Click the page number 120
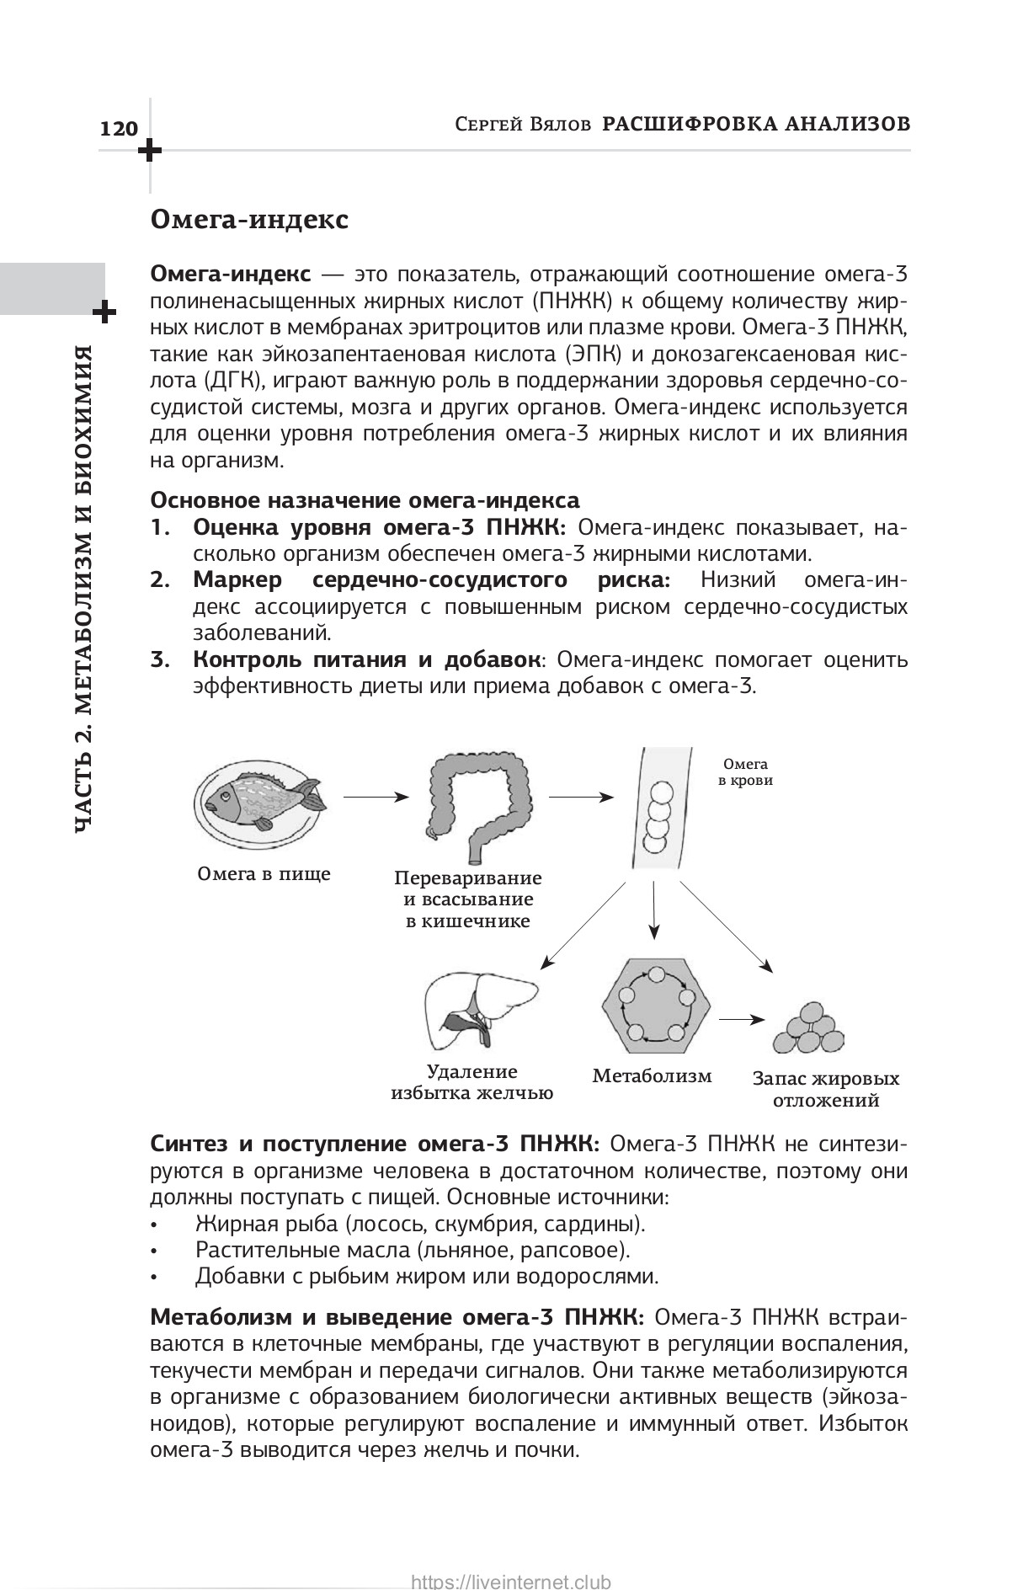click(118, 129)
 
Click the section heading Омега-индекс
click(248, 220)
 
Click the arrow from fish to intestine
click(376, 796)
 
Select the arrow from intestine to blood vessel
click(581, 796)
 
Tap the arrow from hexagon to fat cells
click(742, 1018)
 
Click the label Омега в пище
click(264, 873)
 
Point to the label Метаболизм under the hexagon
click(653, 1075)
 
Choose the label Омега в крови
click(745, 772)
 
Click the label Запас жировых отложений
click(826, 1090)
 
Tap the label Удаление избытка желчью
click(472, 1083)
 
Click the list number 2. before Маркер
click(161, 580)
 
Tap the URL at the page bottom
click(511, 1576)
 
